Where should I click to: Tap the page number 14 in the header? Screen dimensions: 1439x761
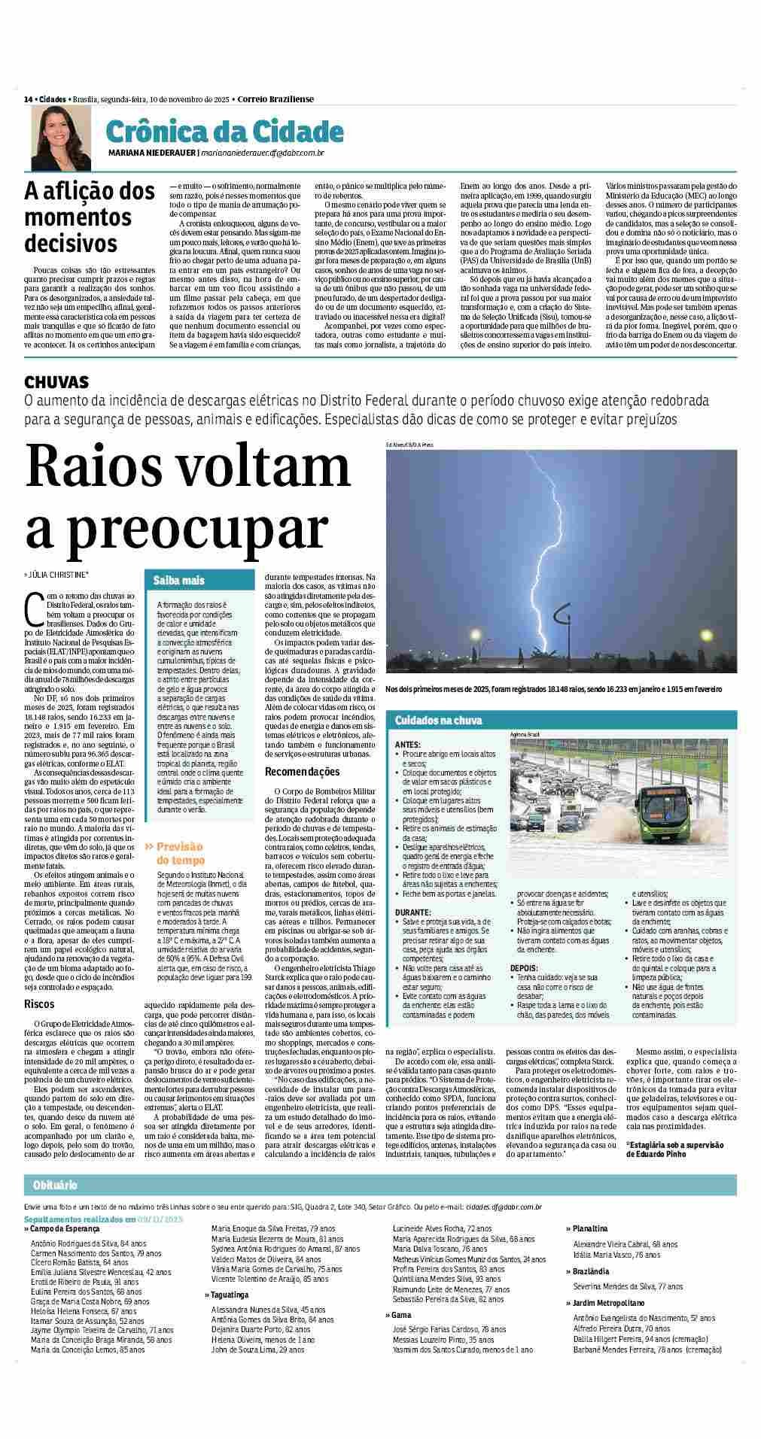coord(28,99)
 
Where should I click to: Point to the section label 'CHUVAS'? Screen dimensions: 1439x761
coord(57,382)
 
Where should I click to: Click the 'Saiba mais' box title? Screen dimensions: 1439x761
coord(179,581)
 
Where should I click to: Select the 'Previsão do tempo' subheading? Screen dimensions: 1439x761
coord(179,853)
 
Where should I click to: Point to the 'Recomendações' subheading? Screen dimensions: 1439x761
coord(302,772)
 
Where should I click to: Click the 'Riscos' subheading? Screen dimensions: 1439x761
coord(38,1003)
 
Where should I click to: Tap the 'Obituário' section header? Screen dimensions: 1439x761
coord(56,1186)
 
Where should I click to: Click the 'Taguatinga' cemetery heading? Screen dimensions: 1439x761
coord(229,1295)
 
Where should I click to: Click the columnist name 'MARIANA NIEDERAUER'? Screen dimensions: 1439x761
coord(151,153)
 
